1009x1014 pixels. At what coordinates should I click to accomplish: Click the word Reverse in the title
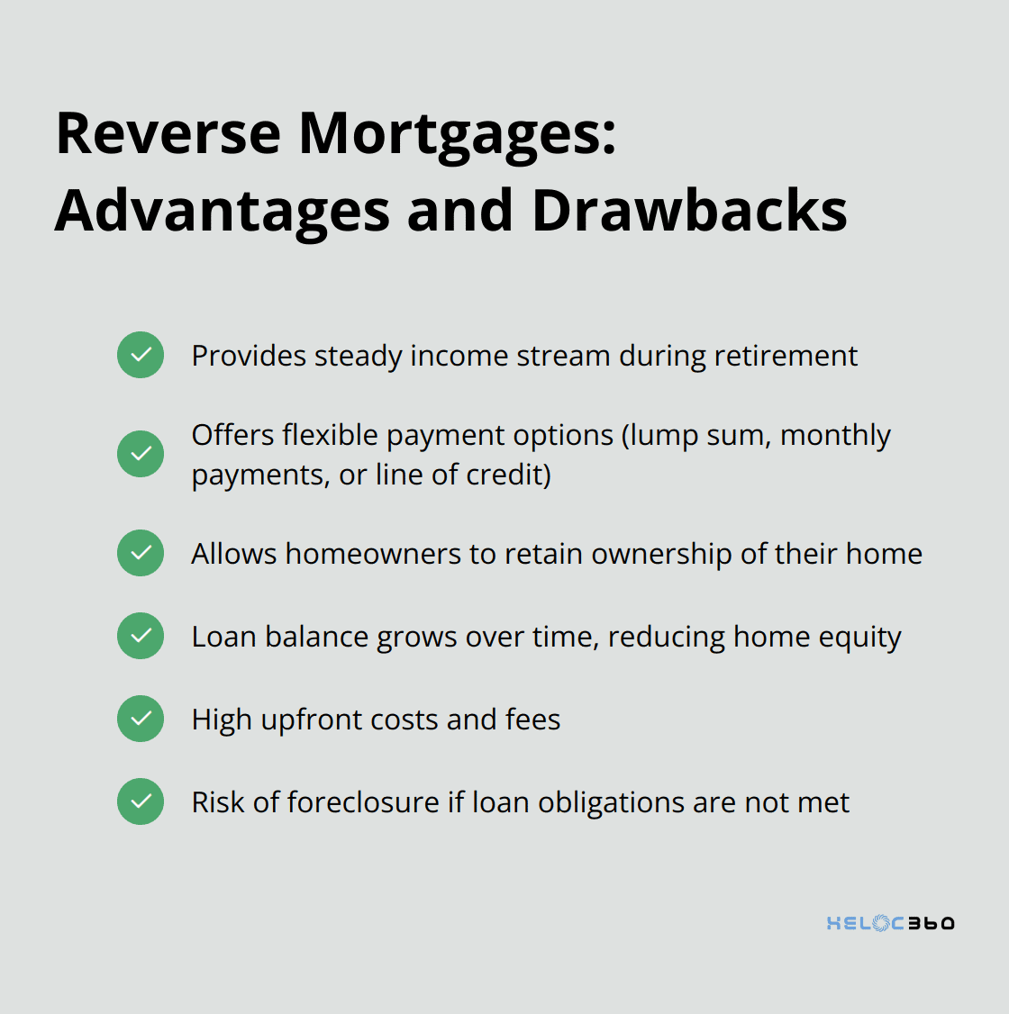[x=168, y=133]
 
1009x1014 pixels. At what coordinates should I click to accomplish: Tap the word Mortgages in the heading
[x=458, y=137]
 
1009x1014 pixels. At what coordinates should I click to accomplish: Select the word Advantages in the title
[x=223, y=213]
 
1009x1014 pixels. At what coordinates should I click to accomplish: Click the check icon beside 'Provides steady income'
[x=141, y=355]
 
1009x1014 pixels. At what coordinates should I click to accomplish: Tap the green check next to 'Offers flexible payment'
[x=141, y=454]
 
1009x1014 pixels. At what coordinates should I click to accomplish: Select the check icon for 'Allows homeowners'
[x=141, y=553]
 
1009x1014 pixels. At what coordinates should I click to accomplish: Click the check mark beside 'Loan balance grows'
[x=141, y=636]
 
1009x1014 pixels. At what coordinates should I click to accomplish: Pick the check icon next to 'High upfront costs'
[x=141, y=719]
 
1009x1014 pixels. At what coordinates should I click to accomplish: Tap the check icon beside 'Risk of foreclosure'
[x=141, y=801]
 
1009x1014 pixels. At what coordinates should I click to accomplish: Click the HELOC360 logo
[x=891, y=923]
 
